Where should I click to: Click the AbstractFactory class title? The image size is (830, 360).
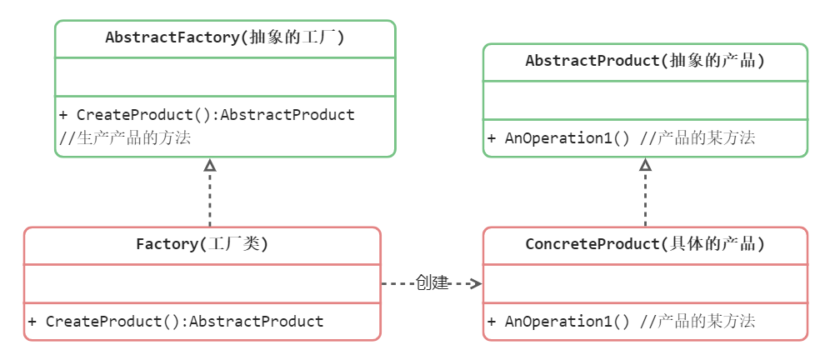[x=225, y=38]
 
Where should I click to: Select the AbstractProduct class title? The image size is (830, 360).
[x=645, y=62]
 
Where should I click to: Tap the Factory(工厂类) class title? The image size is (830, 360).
[x=202, y=245]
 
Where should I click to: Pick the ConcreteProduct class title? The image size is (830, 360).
[x=645, y=245]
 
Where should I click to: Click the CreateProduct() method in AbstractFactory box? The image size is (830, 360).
[x=207, y=115]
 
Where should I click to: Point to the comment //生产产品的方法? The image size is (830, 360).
[x=125, y=138]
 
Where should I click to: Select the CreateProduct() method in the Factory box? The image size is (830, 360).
[x=176, y=322]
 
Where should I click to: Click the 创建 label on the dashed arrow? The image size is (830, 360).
[x=432, y=283]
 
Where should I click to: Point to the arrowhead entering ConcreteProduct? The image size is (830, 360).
[x=477, y=284]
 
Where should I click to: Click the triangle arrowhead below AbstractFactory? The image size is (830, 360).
[x=210, y=164]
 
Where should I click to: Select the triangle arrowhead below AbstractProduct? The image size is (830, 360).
[x=645, y=164]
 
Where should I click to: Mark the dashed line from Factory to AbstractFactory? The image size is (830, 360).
[x=210, y=199]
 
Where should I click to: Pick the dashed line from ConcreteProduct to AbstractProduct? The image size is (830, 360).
[x=645, y=199]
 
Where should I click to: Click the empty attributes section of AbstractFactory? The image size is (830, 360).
[x=225, y=77]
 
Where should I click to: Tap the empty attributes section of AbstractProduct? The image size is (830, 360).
[x=645, y=101]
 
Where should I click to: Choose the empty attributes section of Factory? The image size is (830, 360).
[x=202, y=284]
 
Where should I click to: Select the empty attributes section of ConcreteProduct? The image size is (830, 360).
[x=645, y=284]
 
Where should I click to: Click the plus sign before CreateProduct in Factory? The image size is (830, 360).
[x=32, y=322]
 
